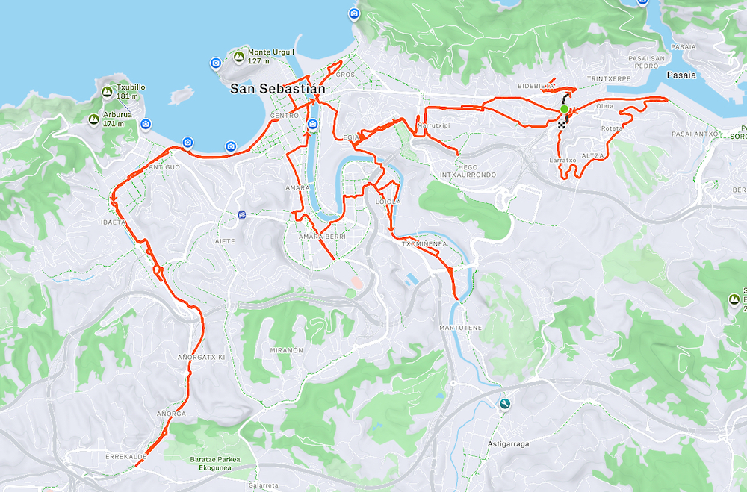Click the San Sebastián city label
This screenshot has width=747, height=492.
[x=278, y=89]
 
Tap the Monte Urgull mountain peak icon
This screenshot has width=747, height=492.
[x=239, y=56]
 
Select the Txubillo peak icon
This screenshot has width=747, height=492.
[x=107, y=92]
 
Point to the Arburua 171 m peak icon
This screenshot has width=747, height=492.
[x=94, y=119]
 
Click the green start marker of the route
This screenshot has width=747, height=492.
[x=564, y=110]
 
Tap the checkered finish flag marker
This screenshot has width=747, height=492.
[x=560, y=125]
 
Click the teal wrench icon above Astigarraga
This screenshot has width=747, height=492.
[x=505, y=404]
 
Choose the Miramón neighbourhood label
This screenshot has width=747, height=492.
[x=286, y=350]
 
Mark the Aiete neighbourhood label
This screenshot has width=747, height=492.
[x=225, y=241]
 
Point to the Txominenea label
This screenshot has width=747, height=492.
[x=424, y=243]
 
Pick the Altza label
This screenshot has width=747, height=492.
[x=592, y=155]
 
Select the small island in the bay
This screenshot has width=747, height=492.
[x=181, y=96]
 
